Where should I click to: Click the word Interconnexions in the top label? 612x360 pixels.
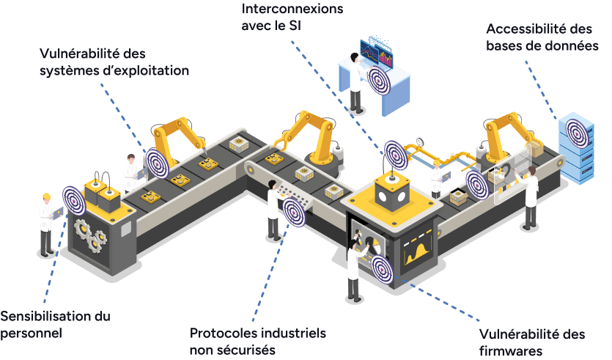pos(292,9)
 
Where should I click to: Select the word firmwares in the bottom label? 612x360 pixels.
pos(511,350)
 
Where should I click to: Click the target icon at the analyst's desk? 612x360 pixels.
pos(379,80)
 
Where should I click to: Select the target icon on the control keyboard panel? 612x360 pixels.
pos(293,212)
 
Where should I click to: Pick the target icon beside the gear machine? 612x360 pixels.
pos(74,201)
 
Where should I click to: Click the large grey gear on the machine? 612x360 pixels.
pos(83,230)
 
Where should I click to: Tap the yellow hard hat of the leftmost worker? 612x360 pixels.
pos(46,196)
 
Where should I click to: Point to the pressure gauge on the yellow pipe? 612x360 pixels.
pos(419,142)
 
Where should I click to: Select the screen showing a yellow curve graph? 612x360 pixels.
pos(417,249)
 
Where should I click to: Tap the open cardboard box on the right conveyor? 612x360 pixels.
pos(458,197)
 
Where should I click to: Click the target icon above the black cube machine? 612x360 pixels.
pos(396,155)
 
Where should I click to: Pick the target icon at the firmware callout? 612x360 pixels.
pos(382,268)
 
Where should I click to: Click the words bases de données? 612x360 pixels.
pos(542,46)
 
